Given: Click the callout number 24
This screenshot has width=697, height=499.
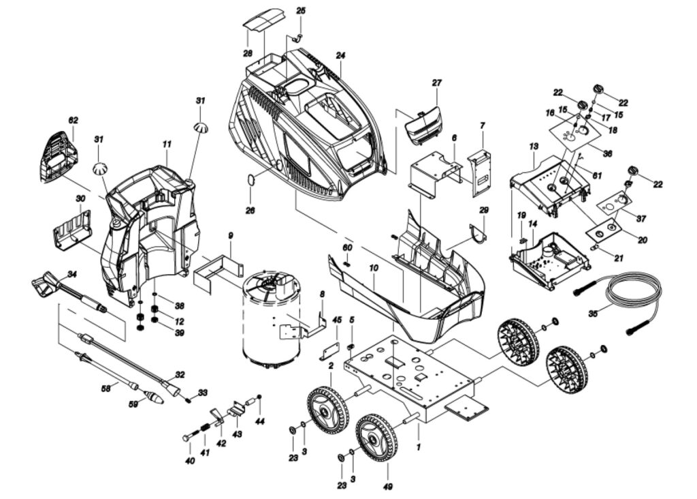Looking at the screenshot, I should pyautogui.click(x=341, y=55).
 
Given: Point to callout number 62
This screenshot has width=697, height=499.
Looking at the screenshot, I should pyautogui.click(x=73, y=120).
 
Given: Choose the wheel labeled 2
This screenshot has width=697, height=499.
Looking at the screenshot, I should pyautogui.click(x=327, y=408).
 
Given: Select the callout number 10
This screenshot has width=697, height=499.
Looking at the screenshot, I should pyautogui.click(x=373, y=269).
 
